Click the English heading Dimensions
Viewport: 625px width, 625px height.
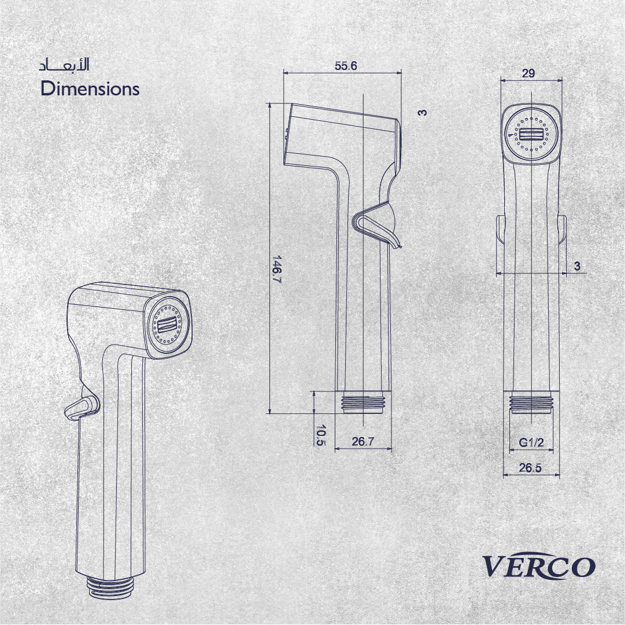(x=90, y=89)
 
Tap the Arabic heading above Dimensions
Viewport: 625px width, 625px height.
(x=64, y=65)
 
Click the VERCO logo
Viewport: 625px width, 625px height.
(x=539, y=565)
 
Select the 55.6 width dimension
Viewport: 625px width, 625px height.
(x=346, y=66)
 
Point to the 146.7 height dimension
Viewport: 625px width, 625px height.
(x=276, y=269)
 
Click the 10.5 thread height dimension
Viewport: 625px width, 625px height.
(x=321, y=435)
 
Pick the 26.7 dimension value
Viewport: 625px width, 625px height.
(x=363, y=442)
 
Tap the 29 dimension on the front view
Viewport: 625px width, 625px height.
(x=528, y=73)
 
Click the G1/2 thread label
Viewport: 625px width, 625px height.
(x=531, y=442)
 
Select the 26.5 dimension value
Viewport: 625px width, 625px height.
(x=530, y=468)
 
